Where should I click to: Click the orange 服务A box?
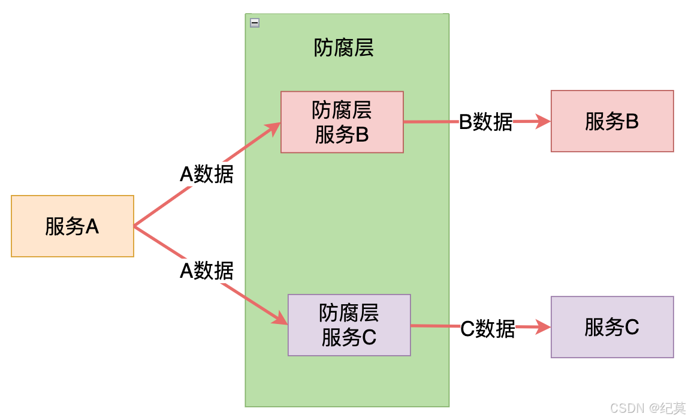click(x=72, y=226)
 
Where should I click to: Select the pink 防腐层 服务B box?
click(x=342, y=122)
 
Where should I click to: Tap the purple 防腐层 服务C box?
click(x=349, y=325)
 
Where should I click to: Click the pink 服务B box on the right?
click(x=612, y=121)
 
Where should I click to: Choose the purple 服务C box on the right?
click(x=612, y=327)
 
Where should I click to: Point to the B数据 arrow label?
click(x=485, y=122)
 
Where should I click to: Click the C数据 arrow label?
click(x=487, y=328)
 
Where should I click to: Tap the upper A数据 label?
click(x=207, y=174)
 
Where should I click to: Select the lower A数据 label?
click(x=207, y=271)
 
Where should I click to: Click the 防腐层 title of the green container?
click(x=343, y=47)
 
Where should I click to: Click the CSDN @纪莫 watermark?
click(x=647, y=409)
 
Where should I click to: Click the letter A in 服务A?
click(x=92, y=226)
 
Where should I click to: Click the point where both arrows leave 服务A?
click(x=134, y=226)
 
